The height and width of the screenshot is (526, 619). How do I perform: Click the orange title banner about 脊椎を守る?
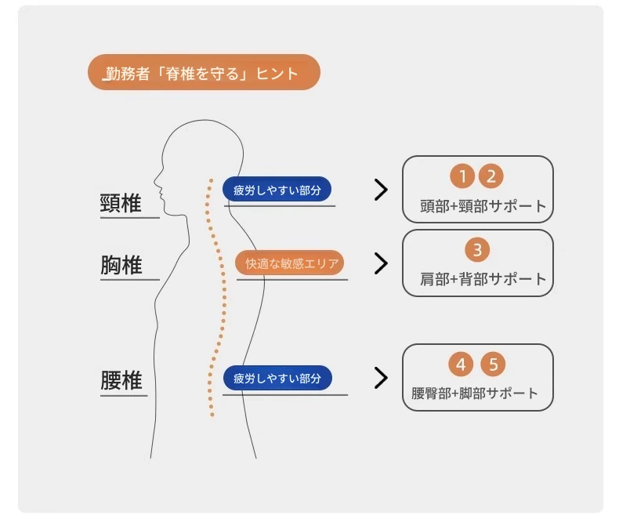[x=204, y=72]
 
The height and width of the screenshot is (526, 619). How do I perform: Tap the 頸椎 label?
[x=121, y=203]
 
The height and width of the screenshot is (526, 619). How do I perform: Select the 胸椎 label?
[x=121, y=265]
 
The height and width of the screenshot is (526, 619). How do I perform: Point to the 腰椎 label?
[x=121, y=380]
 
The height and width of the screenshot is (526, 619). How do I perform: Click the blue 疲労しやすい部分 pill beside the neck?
[x=277, y=190]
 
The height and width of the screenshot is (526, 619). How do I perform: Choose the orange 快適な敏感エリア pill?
[x=289, y=263]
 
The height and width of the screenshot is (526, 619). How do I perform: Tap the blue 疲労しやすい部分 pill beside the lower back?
[x=277, y=378]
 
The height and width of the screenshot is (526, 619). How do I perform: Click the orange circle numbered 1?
[x=462, y=176]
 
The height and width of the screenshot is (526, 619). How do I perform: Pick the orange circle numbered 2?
[x=490, y=176]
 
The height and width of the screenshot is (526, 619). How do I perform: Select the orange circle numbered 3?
[x=477, y=249]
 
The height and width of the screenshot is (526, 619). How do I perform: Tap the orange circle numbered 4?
[x=461, y=364]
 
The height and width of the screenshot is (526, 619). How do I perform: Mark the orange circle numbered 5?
[x=493, y=364]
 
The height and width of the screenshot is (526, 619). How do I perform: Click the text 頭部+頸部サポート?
[x=483, y=206]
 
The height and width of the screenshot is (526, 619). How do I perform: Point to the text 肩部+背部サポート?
[x=483, y=279]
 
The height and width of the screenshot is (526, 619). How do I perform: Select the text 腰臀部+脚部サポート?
[x=475, y=394]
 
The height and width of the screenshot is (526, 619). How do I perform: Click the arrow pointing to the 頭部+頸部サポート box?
[x=381, y=190]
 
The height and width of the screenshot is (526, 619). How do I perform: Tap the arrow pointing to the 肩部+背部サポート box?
[x=381, y=263]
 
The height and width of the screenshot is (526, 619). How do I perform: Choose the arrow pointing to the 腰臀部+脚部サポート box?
[x=381, y=378]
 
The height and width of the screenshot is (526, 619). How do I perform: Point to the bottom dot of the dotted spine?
[x=212, y=415]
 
